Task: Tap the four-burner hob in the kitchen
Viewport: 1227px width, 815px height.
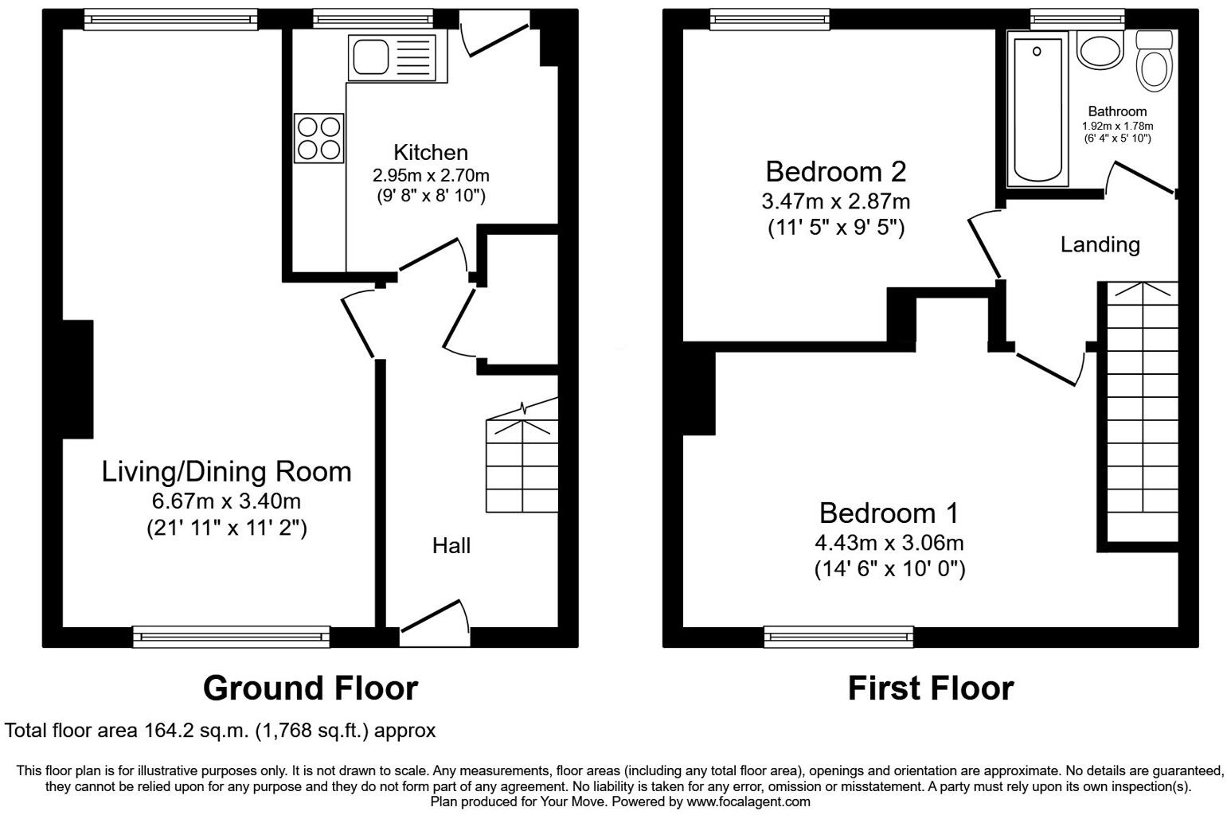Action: pos(319,138)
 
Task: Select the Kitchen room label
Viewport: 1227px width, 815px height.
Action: pos(431,152)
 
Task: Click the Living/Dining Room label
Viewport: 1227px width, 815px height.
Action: pos(226,471)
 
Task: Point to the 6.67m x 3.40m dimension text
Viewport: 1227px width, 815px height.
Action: pos(226,501)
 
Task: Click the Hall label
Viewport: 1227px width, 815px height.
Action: pos(451,546)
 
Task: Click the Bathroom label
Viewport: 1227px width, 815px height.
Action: pos(1117,111)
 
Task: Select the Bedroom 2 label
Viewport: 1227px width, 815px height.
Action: pos(836,171)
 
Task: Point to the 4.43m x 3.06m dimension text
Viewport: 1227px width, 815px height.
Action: pos(889,544)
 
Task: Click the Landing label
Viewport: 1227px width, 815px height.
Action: pos(1100,244)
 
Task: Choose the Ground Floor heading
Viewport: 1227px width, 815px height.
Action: pos(311,688)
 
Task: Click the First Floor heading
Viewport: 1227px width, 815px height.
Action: pos(930,688)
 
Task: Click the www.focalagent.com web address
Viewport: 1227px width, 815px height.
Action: pos(748,801)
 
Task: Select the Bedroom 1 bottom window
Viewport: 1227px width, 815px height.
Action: pos(838,636)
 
